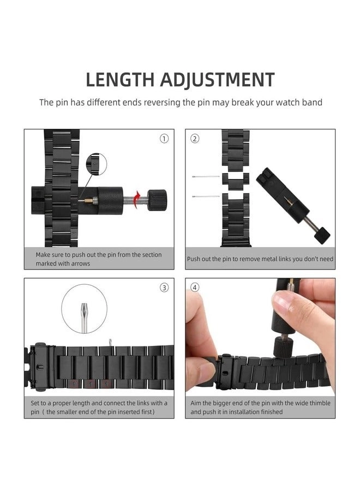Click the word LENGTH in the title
[120, 80]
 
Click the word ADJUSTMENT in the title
[218, 80]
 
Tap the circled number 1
[164, 139]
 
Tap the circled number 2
[195, 139]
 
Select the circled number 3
[164, 288]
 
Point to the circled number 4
[195, 288]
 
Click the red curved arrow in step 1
[136, 200]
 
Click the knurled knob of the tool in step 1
[157, 200]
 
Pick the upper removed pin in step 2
[206, 177]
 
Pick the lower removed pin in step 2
[206, 196]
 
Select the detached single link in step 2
[236, 181]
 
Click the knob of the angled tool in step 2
[322, 236]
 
